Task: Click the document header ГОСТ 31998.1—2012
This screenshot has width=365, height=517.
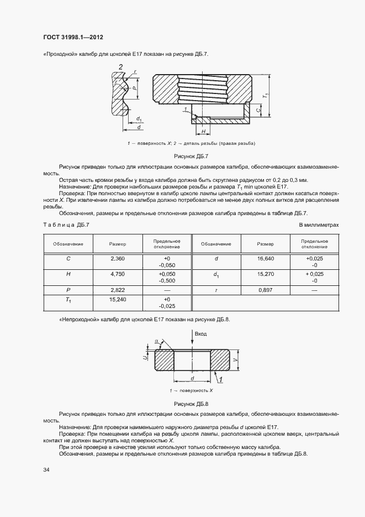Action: click(73, 38)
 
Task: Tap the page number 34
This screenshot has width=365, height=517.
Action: click(46, 469)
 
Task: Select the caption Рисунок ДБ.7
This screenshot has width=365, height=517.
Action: click(191, 156)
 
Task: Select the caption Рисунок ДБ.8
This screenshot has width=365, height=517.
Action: click(191, 403)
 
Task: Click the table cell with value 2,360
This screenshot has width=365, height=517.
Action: click(118, 258)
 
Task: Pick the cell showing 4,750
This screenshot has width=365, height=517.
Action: click(118, 274)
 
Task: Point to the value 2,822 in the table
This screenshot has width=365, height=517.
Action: click(118, 289)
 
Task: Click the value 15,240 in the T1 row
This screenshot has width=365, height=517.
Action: click(118, 299)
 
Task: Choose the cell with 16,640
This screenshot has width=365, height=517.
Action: click(266, 258)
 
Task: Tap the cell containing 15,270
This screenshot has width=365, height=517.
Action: click(266, 274)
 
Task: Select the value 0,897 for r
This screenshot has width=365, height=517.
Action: click(266, 289)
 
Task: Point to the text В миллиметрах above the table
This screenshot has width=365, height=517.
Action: click(319, 224)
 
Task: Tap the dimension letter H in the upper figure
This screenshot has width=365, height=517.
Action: click(203, 131)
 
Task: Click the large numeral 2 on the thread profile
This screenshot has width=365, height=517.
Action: click(120, 67)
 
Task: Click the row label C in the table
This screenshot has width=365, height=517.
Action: click(68, 258)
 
